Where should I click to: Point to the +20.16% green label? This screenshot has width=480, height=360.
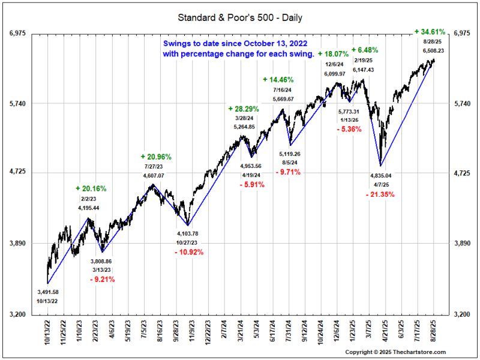point(91,188)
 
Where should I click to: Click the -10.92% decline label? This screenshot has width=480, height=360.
point(189,252)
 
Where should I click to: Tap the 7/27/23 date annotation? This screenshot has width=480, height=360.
point(153,166)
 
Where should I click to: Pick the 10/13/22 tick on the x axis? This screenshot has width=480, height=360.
point(47,334)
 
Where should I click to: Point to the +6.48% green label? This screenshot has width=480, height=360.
point(365,50)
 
